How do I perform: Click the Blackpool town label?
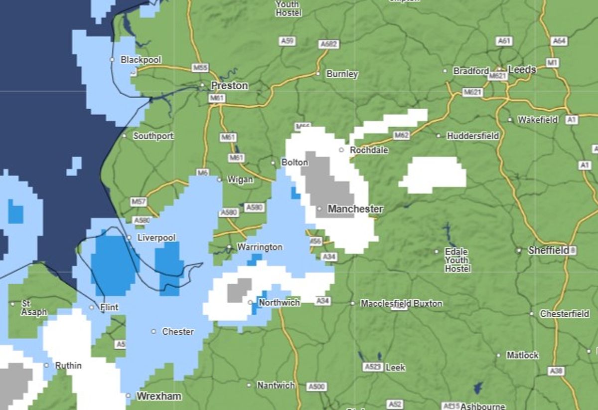point(141,60)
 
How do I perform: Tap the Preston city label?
point(229,86)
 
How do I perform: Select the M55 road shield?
point(200,67)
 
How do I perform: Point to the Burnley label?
point(342,74)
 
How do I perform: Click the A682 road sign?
point(328,44)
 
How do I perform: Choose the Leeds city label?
point(522,70)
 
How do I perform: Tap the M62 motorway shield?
point(401,135)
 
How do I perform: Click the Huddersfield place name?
point(472,136)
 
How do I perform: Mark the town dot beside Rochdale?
point(341,150)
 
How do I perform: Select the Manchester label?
point(355,209)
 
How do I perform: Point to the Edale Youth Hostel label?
point(457,260)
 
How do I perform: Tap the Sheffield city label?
point(548,250)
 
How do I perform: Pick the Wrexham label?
point(158,397)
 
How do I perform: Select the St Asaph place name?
point(34,308)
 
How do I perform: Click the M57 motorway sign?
point(139,202)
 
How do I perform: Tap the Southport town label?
point(153,136)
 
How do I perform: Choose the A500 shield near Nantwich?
point(316,387)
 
